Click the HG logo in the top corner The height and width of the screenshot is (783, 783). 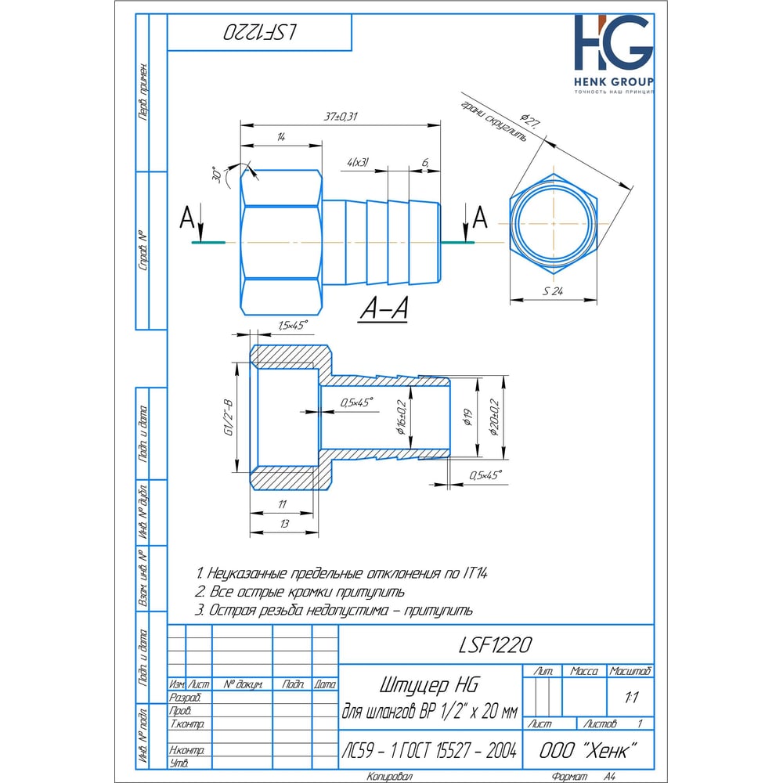click(613, 42)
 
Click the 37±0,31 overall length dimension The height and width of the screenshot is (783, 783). click(341, 117)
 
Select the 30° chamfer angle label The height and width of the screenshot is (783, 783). click(217, 175)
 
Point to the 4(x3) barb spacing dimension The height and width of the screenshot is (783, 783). click(358, 162)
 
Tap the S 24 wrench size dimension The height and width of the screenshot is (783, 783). click(553, 291)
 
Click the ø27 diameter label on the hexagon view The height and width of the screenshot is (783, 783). click(529, 121)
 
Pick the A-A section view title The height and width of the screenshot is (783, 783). click(384, 308)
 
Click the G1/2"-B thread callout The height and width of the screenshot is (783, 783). click(228, 417)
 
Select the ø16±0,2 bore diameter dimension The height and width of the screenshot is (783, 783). click(402, 417)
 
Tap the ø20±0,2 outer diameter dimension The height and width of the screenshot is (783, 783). click(494, 417)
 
